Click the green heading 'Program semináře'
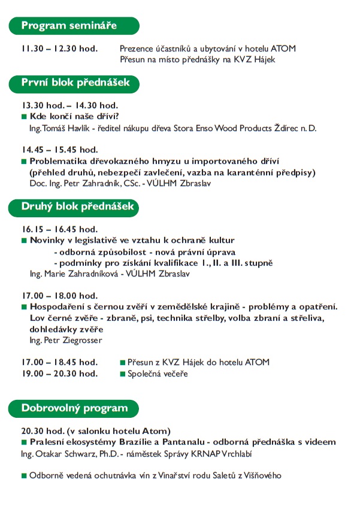point(69,26)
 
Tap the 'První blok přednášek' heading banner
point(75,83)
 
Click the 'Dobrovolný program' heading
point(75,409)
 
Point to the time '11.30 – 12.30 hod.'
point(59,48)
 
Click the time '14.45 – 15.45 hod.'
point(59,150)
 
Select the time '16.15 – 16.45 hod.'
point(59,229)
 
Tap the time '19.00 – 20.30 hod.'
point(59,374)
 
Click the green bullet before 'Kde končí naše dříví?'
point(25,116)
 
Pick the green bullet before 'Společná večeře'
point(122,374)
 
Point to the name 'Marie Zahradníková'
point(82,274)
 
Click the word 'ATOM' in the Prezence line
point(284,48)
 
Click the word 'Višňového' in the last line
point(261,476)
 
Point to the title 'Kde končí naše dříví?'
point(74,116)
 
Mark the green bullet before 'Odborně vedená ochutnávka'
point(25,476)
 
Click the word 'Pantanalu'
point(174,442)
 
